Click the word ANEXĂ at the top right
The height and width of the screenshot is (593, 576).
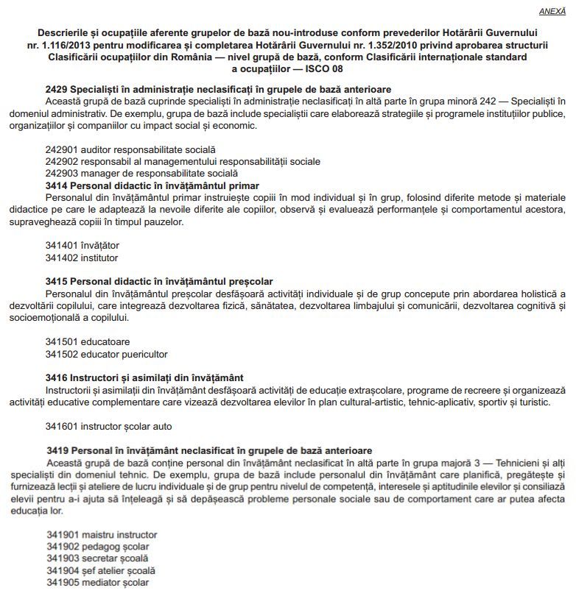pos(553,11)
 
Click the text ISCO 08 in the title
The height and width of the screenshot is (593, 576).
pos(325,68)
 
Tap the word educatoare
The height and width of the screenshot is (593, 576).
pos(105,341)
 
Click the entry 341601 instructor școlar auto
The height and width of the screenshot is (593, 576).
pos(109,426)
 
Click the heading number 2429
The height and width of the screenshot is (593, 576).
pos(57,89)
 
